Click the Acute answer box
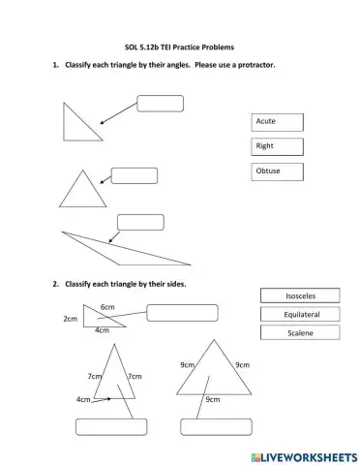(x=277, y=122)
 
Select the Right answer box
(x=277, y=147)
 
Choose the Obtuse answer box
(x=277, y=171)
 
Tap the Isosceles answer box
(x=301, y=295)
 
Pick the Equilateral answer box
(x=301, y=315)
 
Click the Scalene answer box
(x=301, y=333)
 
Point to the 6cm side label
(x=107, y=306)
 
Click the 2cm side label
(x=70, y=318)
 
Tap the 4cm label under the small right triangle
(x=102, y=330)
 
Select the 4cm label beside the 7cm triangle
(x=83, y=398)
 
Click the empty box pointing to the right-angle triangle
(x=161, y=104)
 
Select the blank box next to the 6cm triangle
(x=183, y=312)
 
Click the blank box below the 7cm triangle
(x=111, y=427)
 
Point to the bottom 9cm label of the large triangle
(x=212, y=398)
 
